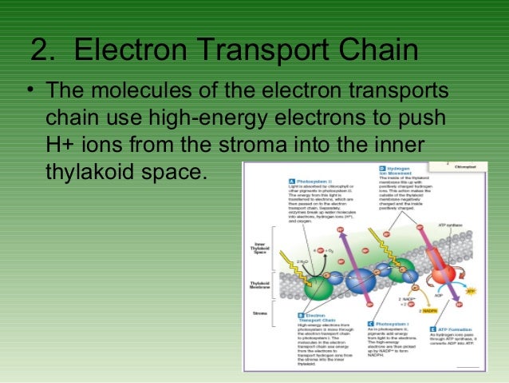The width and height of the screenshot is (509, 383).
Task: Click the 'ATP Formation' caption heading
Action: [x=464, y=329]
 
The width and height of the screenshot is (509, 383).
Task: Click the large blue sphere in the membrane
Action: [x=360, y=281]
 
